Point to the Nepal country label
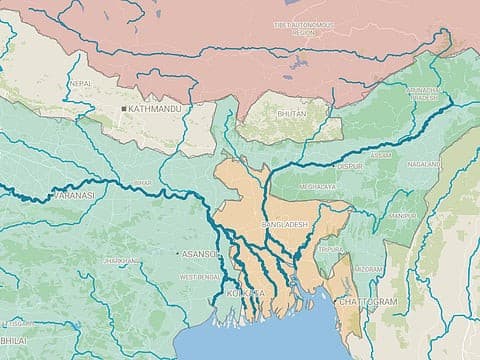(82, 83)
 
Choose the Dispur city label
(349, 166)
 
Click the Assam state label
(381, 156)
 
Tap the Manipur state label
(403, 215)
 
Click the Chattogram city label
(371, 301)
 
